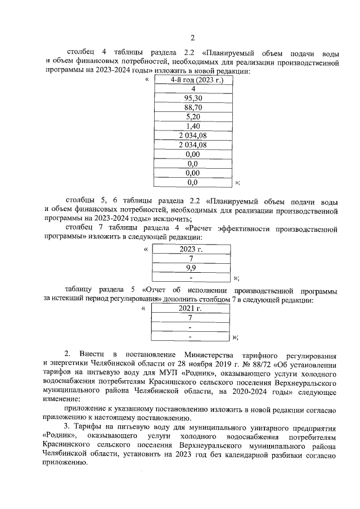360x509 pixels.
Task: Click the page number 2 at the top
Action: [x=192, y=38]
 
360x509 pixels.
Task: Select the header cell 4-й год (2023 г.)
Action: [x=193, y=80]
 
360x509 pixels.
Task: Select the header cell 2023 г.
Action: [x=191, y=249]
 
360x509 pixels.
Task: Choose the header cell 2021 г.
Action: [x=191, y=309]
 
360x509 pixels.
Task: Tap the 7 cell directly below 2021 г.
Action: [x=191, y=318]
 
